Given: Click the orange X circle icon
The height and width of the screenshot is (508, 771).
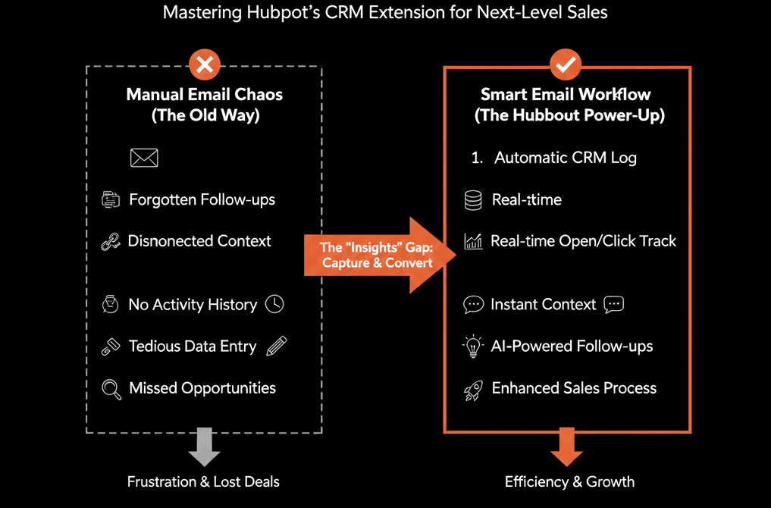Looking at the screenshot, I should click(x=204, y=66).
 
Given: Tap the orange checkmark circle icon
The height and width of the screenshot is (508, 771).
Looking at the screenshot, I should click(x=566, y=66).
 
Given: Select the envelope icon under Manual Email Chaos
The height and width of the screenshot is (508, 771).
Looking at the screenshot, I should click(x=144, y=158).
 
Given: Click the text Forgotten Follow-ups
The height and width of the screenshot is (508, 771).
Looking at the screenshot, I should click(x=202, y=200).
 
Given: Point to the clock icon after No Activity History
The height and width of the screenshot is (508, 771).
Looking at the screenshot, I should click(x=274, y=304).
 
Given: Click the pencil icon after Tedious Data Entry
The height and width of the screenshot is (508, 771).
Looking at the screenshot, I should click(x=277, y=346).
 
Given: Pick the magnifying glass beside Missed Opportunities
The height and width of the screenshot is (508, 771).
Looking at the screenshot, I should click(x=111, y=389).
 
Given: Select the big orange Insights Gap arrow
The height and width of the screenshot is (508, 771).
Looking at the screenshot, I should click(x=378, y=255).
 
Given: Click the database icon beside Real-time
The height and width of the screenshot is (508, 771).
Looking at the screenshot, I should click(x=473, y=200).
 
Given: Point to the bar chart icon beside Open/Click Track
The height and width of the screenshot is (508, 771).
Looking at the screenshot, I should click(x=473, y=242).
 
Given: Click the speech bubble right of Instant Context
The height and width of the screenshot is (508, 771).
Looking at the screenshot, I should click(x=613, y=305).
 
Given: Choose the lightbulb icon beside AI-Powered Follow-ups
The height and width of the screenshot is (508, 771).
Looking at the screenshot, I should click(x=473, y=347).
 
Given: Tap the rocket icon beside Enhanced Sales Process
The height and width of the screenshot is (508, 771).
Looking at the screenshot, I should click(x=473, y=390).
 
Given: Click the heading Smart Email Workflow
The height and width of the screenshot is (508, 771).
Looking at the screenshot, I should click(x=566, y=95).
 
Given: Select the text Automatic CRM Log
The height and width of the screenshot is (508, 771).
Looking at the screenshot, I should click(x=566, y=158).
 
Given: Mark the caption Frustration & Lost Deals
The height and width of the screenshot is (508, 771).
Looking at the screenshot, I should click(x=203, y=481).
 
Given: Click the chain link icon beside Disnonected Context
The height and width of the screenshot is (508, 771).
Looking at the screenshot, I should click(x=111, y=242).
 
